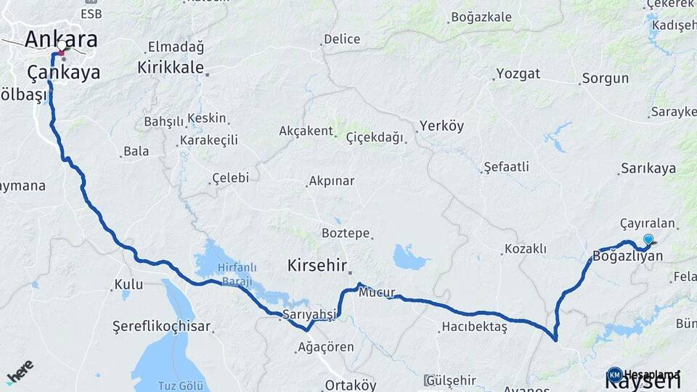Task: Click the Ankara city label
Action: tap(61, 39)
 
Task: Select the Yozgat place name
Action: tap(518, 74)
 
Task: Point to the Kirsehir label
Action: tap(317, 265)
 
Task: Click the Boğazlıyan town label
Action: tap(628, 256)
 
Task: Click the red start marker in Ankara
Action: tap(62, 52)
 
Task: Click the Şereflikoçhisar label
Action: tap(161, 327)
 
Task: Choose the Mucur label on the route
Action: tap(378, 293)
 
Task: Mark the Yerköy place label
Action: tap(441, 126)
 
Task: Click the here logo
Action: tap(20, 371)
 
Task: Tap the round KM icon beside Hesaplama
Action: tap(615, 375)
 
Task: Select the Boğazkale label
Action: tap(481, 17)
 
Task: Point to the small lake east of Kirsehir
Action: tap(410, 257)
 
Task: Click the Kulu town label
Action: tap(129, 285)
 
